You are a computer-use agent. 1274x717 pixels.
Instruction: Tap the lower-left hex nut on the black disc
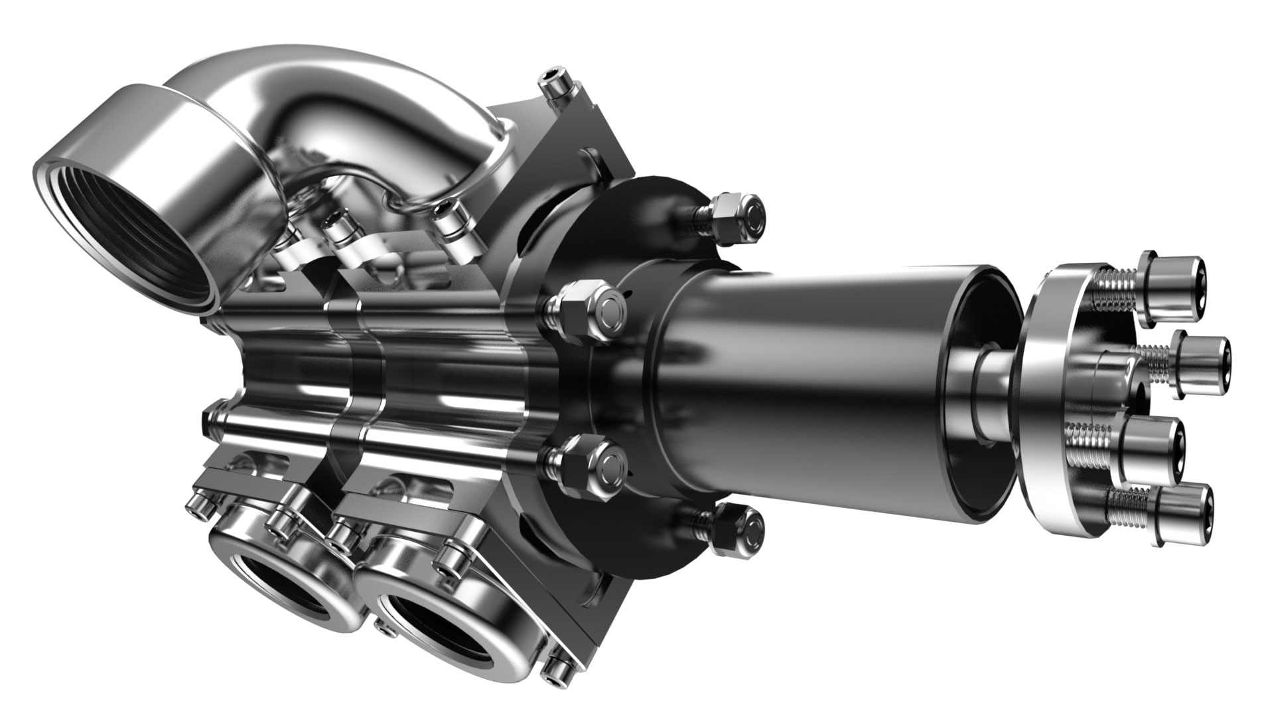coord(591,465)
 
